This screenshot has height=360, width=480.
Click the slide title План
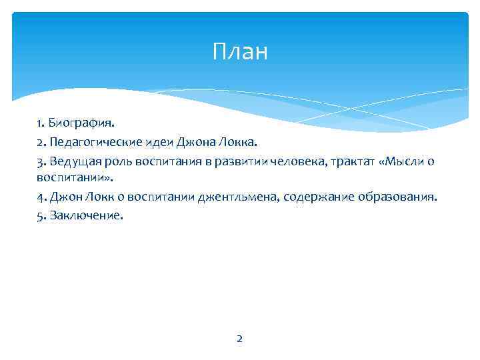pos(240,51)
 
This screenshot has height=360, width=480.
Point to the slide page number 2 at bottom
pos(240,339)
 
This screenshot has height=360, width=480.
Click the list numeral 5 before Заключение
pos(41,217)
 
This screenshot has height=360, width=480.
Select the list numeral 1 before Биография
pos(40,123)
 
